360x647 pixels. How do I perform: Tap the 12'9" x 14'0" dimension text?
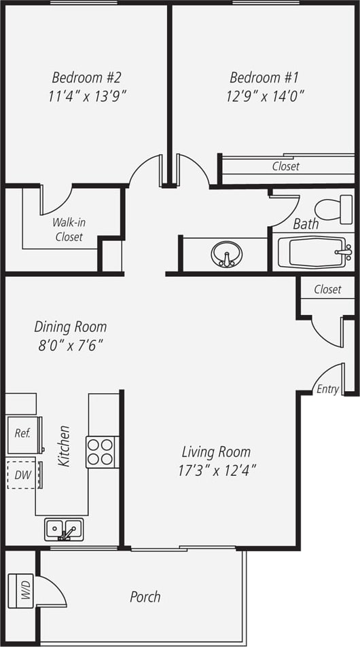[x=264, y=96]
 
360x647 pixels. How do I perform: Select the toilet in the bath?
[x=334, y=209]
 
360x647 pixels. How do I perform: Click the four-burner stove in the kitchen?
[x=102, y=452]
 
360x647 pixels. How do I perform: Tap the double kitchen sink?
[x=64, y=529]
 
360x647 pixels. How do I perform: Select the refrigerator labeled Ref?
[x=22, y=432]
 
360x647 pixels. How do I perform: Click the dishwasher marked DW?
[x=22, y=475]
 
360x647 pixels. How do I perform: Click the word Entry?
[x=327, y=389]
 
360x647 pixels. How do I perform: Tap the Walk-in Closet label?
[x=69, y=229]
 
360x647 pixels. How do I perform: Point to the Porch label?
[x=145, y=597]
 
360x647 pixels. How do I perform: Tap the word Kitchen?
[x=65, y=446]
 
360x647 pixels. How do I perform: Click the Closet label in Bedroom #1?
[x=285, y=166]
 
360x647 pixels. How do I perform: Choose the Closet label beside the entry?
[x=327, y=289]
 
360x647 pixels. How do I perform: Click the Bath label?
[x=305, y=224]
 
